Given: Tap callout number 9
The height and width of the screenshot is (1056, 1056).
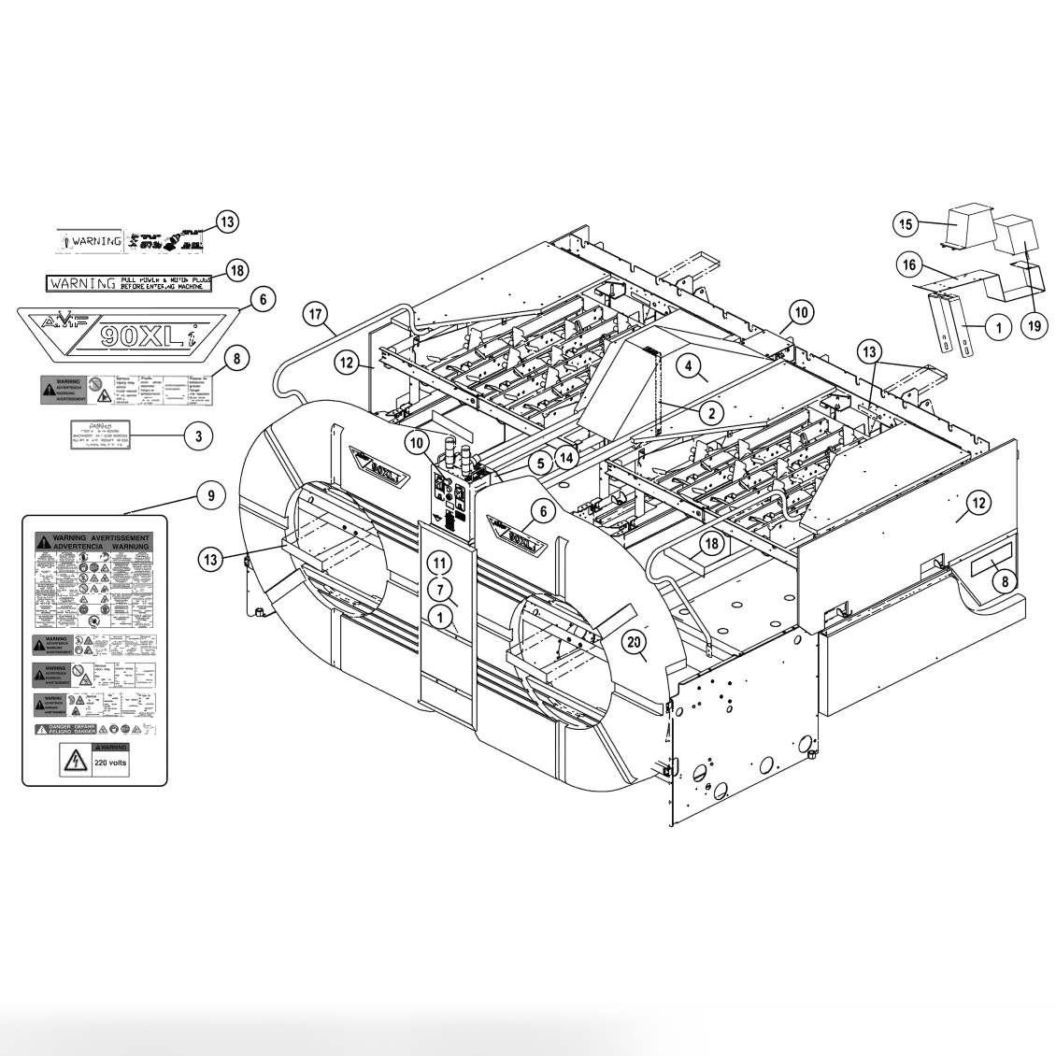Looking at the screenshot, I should [211, 495].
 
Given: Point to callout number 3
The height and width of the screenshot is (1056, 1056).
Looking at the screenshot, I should [198, 435].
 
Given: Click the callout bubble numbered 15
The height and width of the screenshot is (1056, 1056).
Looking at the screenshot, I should [906, 223].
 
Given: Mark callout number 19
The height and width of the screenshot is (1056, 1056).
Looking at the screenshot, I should [1035, 325].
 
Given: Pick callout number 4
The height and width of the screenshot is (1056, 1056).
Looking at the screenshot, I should [688, 367].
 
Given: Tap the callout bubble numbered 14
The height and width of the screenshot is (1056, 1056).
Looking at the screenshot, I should [567, 456].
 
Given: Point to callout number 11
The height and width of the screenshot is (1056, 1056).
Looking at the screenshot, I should [440, 563].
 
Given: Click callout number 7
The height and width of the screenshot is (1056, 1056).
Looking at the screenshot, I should [440, 590].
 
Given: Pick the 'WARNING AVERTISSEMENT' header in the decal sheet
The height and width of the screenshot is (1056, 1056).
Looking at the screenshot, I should [93, 540].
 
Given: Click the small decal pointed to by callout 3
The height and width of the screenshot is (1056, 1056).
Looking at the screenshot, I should [102, 435].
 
